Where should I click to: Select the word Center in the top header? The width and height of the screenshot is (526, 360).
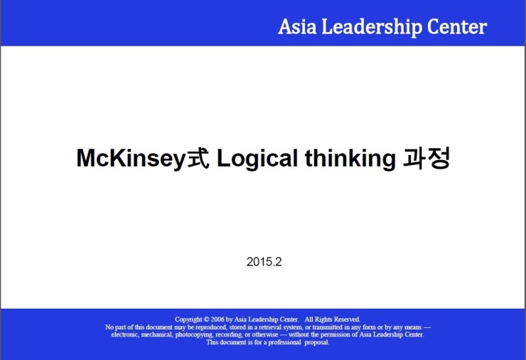click(457, 27)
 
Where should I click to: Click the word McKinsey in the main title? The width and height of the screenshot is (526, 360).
click(131, 159)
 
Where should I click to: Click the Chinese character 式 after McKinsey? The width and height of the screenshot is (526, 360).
click(198, 158)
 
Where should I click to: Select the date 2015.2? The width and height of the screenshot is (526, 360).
click(264, 262)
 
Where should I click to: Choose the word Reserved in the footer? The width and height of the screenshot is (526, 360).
click(346, 319)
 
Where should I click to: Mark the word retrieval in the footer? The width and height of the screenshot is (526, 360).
click(269, 327)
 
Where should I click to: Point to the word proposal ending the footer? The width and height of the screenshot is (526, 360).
click(317, 342)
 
